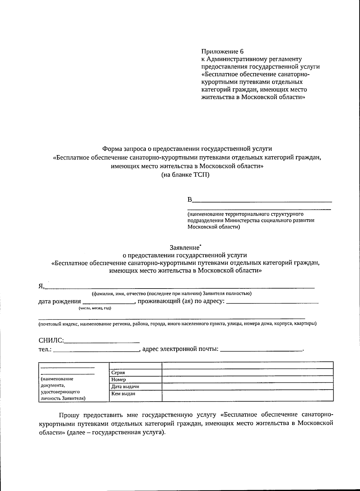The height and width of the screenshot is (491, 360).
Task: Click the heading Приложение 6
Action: point(222,51)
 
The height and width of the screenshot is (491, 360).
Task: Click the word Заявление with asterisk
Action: point(185,248)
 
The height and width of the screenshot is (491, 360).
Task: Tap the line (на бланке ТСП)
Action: point(185,175)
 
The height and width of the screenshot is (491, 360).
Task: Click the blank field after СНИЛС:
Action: point(102,341)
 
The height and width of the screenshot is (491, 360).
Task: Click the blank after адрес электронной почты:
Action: point(261,349)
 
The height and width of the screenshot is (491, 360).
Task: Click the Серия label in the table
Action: point(118,373)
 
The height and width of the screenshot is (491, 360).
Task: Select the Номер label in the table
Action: point(118,379)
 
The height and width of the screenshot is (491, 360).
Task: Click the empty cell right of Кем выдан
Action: point(247,395)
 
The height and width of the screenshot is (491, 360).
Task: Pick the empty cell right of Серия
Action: point(247,373)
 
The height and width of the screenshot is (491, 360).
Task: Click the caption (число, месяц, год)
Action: point(95,308)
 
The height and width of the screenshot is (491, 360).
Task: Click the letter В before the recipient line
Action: point(190,200)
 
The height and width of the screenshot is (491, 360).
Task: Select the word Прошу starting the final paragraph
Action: point(69,415)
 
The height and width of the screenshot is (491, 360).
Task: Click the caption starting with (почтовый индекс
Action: point(177,324)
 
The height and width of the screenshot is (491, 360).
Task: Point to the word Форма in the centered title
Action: point(111,148)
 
